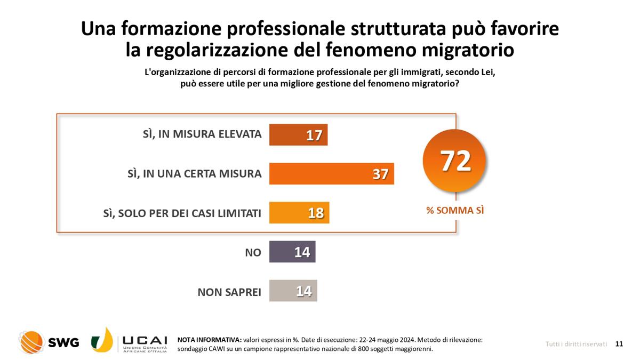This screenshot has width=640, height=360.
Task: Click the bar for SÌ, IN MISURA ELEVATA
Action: coord(298,135)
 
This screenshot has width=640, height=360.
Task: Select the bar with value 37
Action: coord(331,174)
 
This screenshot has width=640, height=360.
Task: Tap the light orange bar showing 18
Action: coord(299,213)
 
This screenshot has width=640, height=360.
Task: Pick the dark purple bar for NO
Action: coord(292,252)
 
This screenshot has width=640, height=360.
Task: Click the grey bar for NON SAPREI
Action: coord(293,291)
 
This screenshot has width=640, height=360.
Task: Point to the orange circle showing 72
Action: coord(454,161)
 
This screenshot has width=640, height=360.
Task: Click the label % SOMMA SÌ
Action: coord(455,211)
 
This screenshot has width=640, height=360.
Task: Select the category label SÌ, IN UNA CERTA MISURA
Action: coord(195,174)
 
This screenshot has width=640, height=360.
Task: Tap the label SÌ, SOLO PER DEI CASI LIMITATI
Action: coord(182,213)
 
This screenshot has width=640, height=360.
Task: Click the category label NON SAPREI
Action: coord(229,292)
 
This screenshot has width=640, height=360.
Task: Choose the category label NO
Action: coord(253,252)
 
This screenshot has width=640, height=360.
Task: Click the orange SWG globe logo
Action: coord(31,342)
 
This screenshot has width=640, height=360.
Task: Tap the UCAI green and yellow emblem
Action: coord(102,340)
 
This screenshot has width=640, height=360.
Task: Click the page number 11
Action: coord(619,344)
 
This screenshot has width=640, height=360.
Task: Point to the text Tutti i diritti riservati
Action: coord(576,344)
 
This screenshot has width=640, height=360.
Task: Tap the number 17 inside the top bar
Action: coord(314,135)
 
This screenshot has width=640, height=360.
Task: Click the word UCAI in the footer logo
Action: coord(145,340)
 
